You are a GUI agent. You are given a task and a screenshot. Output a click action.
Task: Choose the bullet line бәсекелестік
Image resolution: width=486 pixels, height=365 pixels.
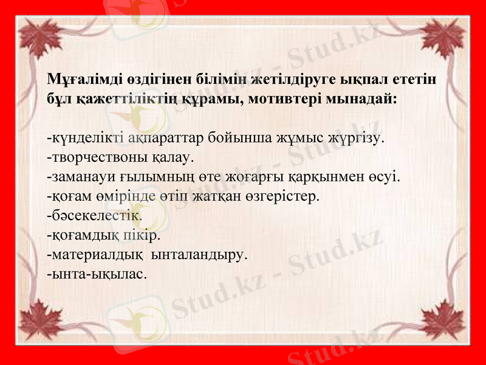pyautogui.click(x=94, y=215)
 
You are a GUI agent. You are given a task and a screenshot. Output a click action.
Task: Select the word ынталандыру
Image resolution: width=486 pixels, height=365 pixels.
pyautogui.click(x=198, y=254)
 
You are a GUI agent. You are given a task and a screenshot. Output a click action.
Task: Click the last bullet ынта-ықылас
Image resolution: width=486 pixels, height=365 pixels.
pyautogui.click(x=97, y=274)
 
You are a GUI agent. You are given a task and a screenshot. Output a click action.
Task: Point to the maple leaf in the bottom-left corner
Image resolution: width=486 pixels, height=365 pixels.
pyautogui.click(x=39, y=322)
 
